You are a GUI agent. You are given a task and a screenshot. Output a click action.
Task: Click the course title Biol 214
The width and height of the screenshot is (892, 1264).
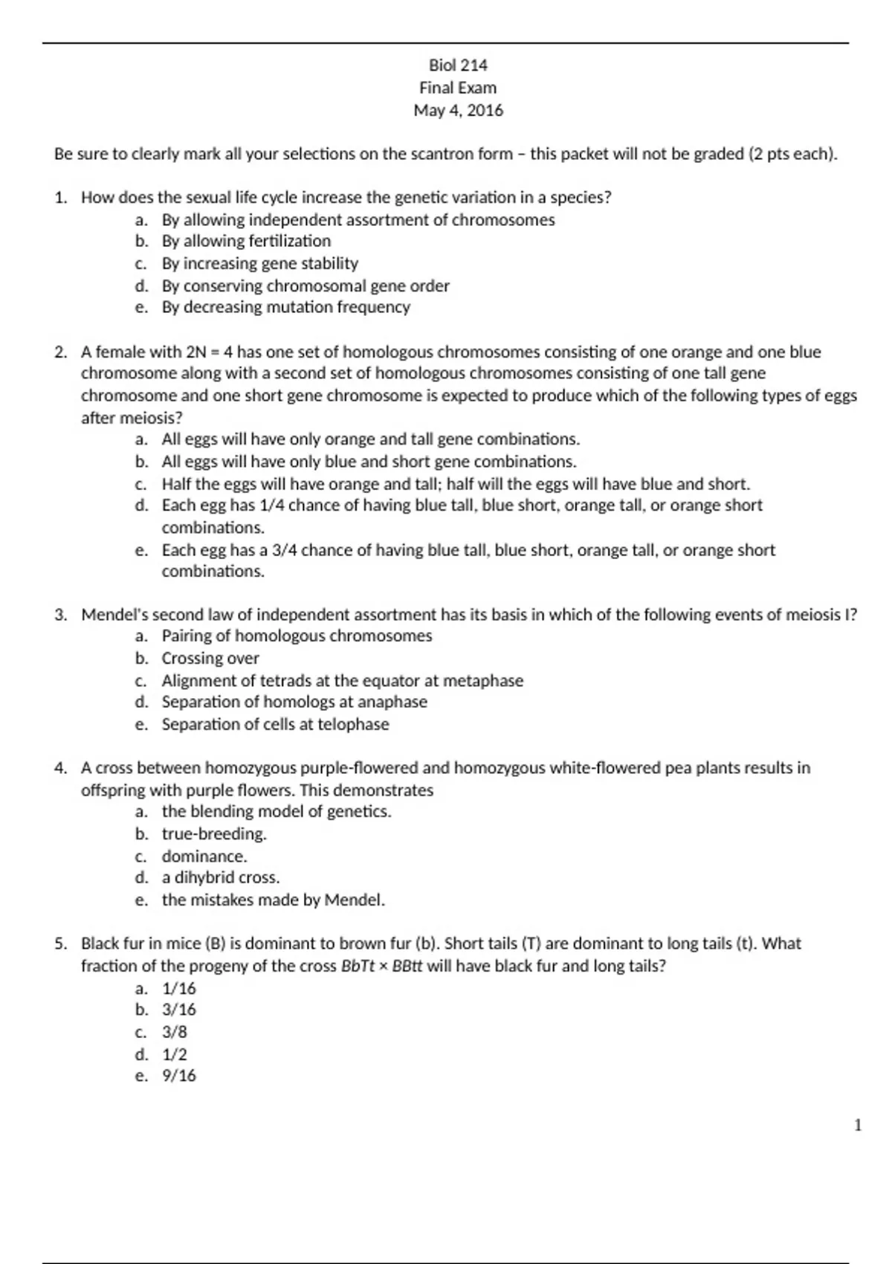(458, 65)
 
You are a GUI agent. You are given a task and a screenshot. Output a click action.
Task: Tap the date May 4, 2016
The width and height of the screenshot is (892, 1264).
(458, 111)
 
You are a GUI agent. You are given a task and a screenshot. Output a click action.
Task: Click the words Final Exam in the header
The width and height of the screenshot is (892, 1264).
(458, 88)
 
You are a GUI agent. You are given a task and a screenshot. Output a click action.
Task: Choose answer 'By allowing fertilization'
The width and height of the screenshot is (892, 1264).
(246, 241)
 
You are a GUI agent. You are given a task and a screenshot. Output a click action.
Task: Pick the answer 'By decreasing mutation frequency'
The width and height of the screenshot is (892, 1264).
(285, 307)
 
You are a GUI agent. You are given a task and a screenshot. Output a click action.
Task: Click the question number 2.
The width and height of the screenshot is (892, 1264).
(60, 352)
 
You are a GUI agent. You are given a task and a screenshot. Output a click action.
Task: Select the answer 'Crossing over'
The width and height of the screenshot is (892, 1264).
(210, 658)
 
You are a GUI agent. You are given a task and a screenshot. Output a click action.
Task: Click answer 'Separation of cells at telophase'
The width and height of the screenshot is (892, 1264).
(275, 724)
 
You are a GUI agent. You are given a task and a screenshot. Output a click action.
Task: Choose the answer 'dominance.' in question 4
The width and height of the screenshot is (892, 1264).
(204, 856)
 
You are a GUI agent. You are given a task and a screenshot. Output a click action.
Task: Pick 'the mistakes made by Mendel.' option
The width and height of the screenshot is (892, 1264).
(273, 900)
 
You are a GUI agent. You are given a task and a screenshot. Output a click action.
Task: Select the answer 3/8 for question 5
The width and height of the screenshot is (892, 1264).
(175, 1032)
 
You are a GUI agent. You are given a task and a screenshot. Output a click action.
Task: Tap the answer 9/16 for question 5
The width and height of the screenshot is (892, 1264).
(178, 1075)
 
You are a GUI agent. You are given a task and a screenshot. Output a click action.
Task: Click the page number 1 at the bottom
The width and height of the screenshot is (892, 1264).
(858, 1125)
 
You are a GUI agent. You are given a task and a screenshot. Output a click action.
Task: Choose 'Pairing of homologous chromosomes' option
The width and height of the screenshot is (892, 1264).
(297, 636)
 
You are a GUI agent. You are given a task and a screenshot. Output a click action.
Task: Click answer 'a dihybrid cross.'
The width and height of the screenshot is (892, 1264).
(221, 877)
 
